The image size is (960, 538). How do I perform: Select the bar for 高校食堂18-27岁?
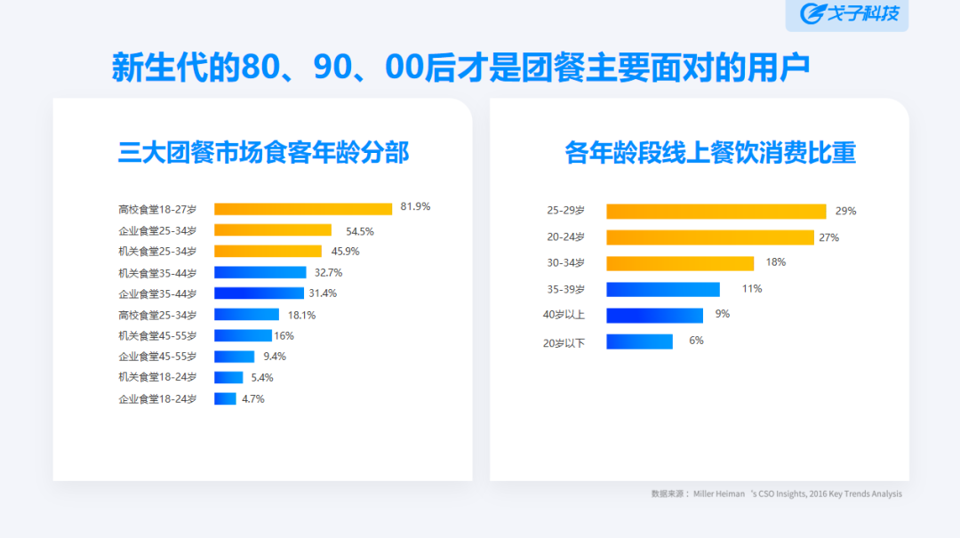302,209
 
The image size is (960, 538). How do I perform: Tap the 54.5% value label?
359,230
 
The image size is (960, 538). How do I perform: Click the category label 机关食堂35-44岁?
157,273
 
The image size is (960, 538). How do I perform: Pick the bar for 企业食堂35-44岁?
259,293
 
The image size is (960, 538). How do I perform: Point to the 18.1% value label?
301,315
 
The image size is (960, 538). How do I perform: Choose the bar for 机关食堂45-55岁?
243,335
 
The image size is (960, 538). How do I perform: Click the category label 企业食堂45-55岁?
157,357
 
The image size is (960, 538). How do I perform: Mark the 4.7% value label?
252,398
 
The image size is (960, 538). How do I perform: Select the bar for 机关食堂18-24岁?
228,377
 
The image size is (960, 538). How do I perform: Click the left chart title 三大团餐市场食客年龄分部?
263,153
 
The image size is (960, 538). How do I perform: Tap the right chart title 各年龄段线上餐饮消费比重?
710,153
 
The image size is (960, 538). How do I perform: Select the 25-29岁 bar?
716,211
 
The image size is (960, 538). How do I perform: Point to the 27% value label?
829,237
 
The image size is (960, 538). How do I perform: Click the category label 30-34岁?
565,263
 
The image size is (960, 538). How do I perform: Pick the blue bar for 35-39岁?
663,289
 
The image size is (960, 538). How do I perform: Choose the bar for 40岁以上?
654,315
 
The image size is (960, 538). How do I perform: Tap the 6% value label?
696,341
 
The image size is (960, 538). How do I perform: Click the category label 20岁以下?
564,342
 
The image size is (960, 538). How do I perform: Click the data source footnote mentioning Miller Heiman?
776,494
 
